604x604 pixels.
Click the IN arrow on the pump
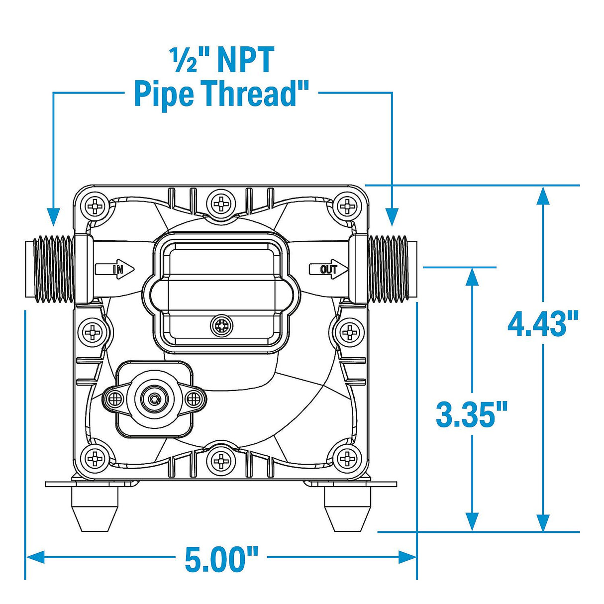(x=115, y=269)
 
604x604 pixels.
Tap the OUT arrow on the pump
(x=329, y=269)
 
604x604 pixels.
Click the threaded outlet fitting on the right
(x=392, y=269)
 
